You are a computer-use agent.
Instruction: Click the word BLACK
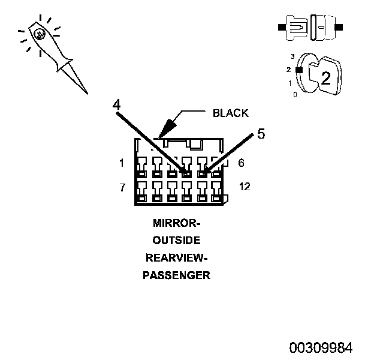[x=230, y=113]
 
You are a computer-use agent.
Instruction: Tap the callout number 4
[x=117, y=104]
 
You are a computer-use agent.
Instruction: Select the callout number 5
[x=261, y=134]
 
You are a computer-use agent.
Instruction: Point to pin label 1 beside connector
[x=122, y=163]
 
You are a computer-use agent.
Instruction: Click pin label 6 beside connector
[x=241, y=163]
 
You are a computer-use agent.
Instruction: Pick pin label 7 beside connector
[x=122, y=187]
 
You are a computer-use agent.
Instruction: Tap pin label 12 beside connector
[x=245, y=187]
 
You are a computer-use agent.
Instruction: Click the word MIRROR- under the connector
[x=176, y=223]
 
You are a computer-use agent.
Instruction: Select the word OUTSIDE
[x=176, y=241]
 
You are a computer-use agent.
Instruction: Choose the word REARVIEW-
[x=176, y=258]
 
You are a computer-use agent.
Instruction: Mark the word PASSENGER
[x=176, y=275]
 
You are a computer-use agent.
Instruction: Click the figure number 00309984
[x=321, y=347]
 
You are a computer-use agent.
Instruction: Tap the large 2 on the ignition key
[x=326, y=78]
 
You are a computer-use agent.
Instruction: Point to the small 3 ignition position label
[x=292, y=56]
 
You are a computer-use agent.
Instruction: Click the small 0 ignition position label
[x=295, y=95]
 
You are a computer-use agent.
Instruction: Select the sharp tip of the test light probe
[x=88, y=94]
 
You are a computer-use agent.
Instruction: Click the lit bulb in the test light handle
[x=40, y=34]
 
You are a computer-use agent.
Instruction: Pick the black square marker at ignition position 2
[x=299, y=70]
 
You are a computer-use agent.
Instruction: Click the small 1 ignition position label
[x=290, y=83]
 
